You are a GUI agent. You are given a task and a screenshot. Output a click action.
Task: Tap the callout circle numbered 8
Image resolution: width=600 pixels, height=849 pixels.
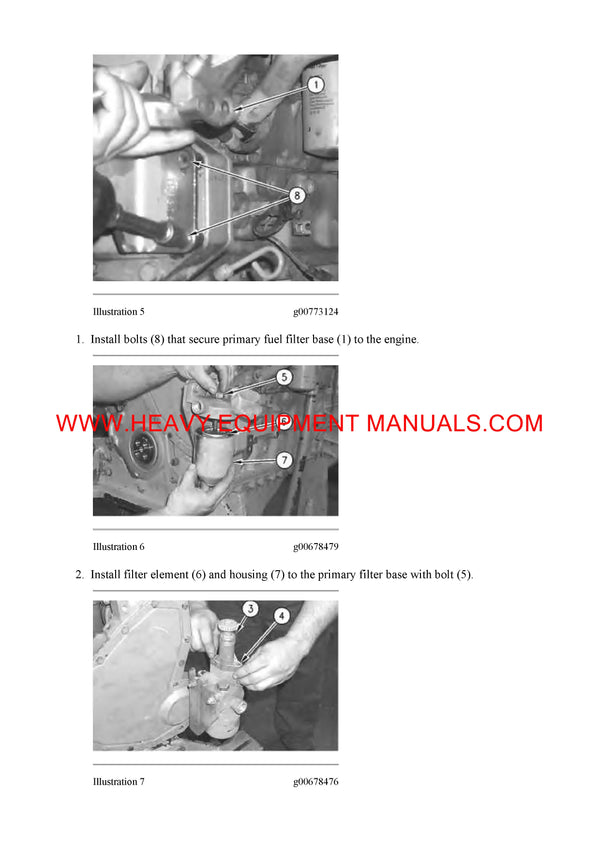296,194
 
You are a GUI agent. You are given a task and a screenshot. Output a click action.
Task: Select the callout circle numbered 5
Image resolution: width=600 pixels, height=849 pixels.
284,379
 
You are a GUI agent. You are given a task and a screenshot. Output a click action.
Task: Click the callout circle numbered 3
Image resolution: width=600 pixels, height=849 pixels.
251,609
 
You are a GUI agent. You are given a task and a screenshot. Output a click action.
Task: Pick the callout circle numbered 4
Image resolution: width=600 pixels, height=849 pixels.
281,617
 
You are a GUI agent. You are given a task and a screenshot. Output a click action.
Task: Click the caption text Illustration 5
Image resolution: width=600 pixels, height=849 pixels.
119,312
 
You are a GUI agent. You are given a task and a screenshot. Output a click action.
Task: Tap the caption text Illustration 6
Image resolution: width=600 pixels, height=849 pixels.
119,547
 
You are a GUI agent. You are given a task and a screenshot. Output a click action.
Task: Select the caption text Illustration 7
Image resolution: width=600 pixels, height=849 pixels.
119,782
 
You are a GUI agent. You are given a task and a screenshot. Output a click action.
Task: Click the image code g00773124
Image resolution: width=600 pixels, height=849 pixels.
315,312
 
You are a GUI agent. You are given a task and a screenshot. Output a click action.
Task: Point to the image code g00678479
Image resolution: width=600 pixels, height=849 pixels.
315,547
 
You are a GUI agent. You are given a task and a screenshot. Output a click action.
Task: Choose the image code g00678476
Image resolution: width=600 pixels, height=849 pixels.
315,782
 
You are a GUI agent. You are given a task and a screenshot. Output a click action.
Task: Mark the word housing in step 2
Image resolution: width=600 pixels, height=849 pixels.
249,575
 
